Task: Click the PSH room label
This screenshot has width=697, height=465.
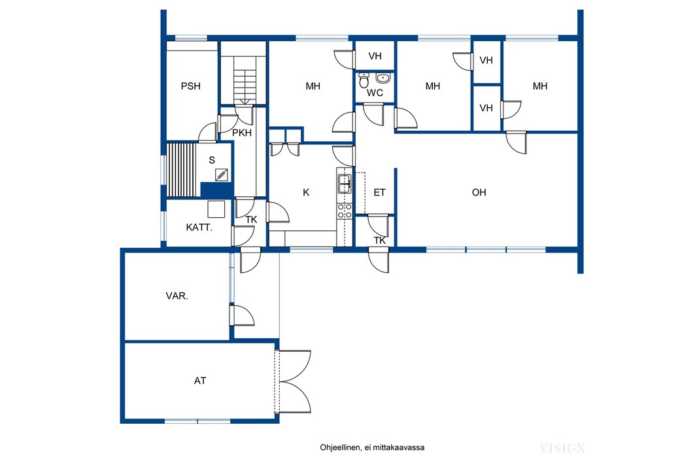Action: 191,86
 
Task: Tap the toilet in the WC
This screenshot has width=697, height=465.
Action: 364,80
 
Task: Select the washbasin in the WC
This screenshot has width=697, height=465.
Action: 382,78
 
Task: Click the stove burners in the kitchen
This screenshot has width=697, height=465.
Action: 345,211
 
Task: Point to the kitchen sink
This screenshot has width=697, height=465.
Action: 345,184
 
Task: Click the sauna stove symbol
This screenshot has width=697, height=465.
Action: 222,175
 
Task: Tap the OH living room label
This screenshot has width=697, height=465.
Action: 479,192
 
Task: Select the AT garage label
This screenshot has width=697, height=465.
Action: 200,381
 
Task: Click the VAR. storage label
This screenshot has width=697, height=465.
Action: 177,296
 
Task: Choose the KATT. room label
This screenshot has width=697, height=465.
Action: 199,228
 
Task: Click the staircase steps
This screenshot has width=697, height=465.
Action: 245,87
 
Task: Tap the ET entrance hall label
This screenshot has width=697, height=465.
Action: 379,192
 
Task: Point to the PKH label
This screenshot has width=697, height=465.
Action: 242,133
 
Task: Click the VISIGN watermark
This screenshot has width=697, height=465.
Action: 562,449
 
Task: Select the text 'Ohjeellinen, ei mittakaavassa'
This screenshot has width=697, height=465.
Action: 372,447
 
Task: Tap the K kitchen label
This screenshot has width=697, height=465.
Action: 306,192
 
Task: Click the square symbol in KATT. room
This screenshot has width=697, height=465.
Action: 216,209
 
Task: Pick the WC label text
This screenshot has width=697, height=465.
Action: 375,94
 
